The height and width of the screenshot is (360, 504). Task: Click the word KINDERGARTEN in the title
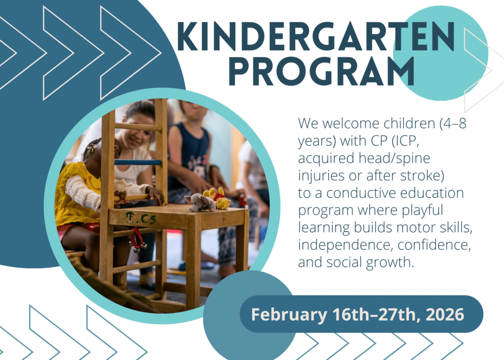pos(315,36)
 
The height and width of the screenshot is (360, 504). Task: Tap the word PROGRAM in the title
pos(322,71)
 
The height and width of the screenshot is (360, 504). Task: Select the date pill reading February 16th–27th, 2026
pos(361,314)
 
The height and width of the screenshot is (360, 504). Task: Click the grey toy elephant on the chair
pos(201,202)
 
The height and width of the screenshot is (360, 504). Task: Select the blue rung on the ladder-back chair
pos(138,162)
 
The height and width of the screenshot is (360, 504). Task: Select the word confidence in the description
pos(434,245)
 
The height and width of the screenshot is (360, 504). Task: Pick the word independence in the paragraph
pos(346,245)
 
